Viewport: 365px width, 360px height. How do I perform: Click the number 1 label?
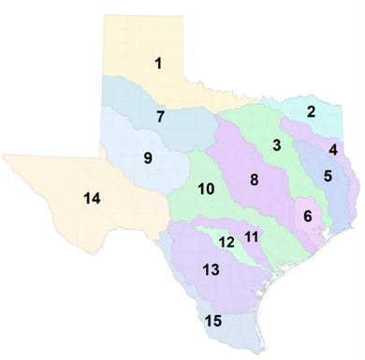[159, 64]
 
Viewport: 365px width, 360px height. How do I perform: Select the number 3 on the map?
[277, 145]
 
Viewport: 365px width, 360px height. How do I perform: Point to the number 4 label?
[333, 150]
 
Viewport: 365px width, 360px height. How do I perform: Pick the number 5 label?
[327, 175]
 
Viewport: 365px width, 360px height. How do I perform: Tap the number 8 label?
[254, 179]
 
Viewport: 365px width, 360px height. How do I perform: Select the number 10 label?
[207, 190]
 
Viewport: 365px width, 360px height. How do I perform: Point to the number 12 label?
[226, 242]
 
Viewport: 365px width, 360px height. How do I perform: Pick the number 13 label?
[211, 270]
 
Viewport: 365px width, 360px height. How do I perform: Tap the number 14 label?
[66, 198]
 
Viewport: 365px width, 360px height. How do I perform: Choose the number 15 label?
[214, 322]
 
